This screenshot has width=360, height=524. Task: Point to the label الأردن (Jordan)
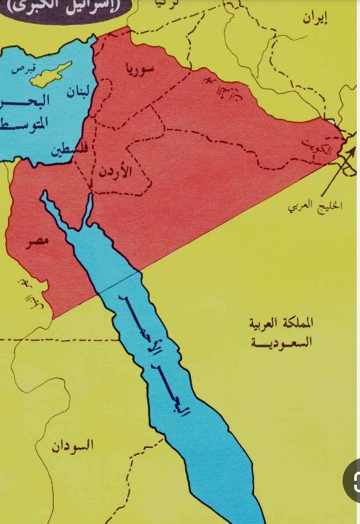pyautogui.click(x=117, y=172)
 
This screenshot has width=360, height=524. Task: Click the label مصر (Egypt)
pyautogui.click(x=38, y=242)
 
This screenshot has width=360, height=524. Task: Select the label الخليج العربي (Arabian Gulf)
pyautogui.click(x=315, y=205)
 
